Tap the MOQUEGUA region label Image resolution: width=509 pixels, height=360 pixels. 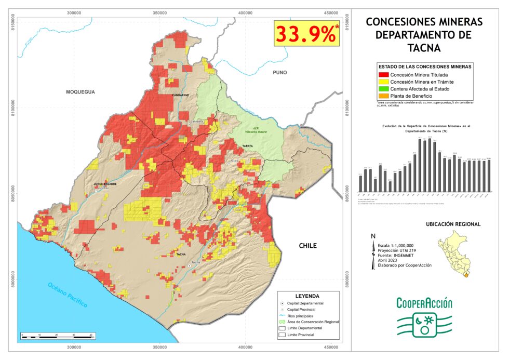click(81, 92)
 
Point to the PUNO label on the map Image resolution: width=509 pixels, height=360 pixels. click(279, 73)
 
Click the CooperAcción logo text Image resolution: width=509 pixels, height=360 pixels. click(424, 303)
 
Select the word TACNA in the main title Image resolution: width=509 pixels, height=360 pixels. click(424, 48)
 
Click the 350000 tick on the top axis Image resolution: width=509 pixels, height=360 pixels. click(159, 12)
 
